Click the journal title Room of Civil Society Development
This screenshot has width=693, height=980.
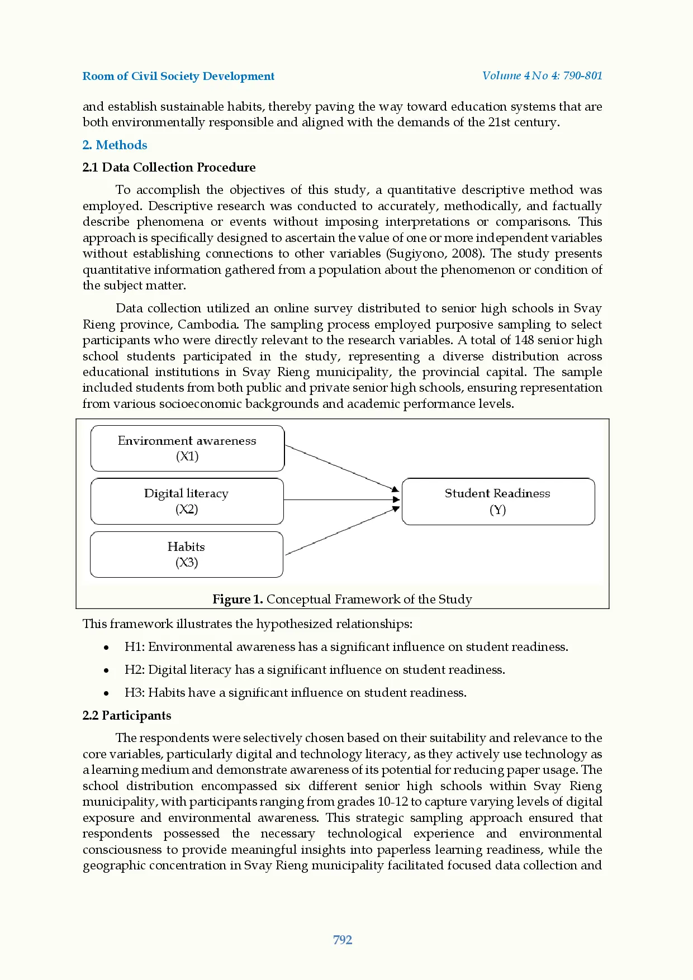point(178,76)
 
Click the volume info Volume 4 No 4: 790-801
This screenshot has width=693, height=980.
point(542,75)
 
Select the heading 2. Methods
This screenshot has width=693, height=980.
point(115,145)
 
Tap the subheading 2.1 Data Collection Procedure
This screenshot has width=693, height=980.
point(169,168)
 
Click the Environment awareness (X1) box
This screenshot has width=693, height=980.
point(187,448)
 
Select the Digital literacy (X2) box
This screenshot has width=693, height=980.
point(187,501)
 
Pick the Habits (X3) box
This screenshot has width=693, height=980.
point(186,554)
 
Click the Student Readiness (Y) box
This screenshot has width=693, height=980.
point(497,501)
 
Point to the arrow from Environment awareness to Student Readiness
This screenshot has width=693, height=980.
point(341,468)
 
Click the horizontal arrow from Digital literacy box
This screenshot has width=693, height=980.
point(341,499)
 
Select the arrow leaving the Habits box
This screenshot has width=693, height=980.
point(341,531)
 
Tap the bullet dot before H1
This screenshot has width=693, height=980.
point(106,648)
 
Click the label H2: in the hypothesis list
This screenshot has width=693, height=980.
point(135,670)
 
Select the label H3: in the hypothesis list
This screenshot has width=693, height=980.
point(135,693)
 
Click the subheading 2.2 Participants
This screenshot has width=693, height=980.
point(127,716)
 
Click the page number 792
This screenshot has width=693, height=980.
point(343,940)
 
